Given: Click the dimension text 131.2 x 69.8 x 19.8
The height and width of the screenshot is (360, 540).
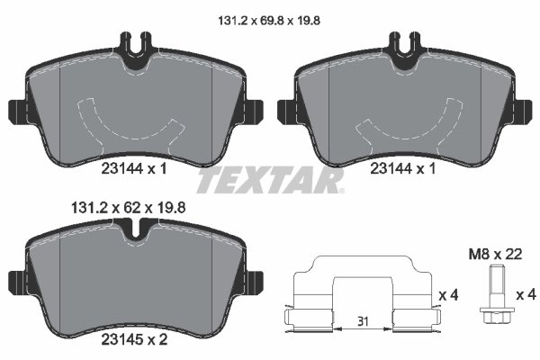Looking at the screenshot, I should click(270, 14).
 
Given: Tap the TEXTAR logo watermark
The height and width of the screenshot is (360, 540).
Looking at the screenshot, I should click(270, 181).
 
